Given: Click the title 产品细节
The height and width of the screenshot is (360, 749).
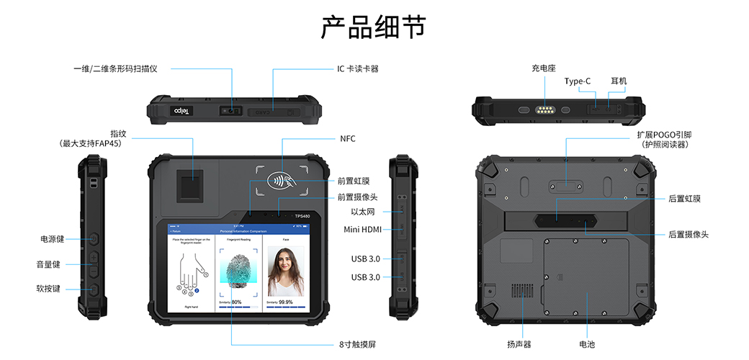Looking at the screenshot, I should point(373,27).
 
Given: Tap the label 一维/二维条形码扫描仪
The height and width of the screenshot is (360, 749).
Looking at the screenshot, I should point(115,69).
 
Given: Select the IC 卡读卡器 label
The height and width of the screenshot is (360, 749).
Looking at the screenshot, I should point(358,69).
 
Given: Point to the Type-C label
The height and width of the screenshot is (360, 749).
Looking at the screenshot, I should point(578,81).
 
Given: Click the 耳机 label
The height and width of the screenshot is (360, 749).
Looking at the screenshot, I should point(619,81).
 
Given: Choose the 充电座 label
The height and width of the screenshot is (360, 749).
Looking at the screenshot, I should point(544,68).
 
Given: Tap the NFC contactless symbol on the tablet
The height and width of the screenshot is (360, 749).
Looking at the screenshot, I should point(281,180).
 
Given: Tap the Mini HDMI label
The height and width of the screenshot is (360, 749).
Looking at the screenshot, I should point(362,230).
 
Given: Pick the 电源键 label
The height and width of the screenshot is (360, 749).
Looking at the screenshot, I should point(52,239).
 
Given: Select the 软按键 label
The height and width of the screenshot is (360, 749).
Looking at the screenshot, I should point(52,289).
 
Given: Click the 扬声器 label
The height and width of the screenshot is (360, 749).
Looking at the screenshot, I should point(519,344).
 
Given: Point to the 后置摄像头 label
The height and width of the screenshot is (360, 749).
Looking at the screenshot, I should point(689,235).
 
